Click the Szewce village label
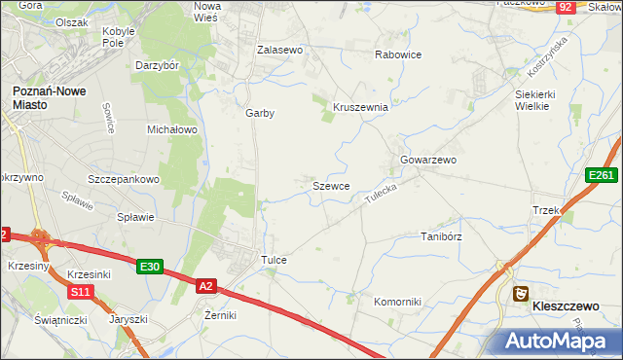tap(331, 185)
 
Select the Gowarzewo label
tap(428, 160)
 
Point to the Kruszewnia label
tap(361, 107)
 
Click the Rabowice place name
tap(398, 54)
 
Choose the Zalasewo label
tap(280, 49)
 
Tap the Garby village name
tap(260, 113)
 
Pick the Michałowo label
tap(172, 128)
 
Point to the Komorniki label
tap(397, 302)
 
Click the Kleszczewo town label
tap(566, 306)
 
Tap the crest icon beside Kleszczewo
tap(522, 293)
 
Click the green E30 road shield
tap(149, 267)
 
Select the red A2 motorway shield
tap(206, 286)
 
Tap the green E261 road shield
tap(601, 175)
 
